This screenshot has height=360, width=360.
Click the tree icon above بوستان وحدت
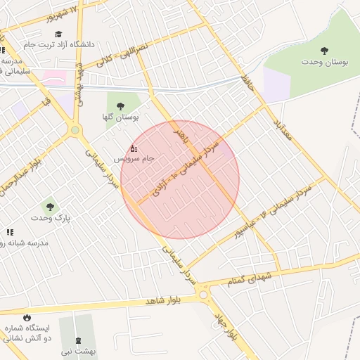point(324,51)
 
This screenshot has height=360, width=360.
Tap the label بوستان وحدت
point(324,63)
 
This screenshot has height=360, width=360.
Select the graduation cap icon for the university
point(58,33)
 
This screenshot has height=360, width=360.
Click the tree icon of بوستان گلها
point(120,105)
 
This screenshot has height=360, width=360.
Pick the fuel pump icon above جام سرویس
point(134,148)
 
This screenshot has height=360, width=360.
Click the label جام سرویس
point(133,160)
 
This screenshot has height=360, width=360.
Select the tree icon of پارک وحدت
point(49,207)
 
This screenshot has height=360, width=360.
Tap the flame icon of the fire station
point(27,317)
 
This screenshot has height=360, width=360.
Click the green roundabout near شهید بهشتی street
point(75,130)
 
